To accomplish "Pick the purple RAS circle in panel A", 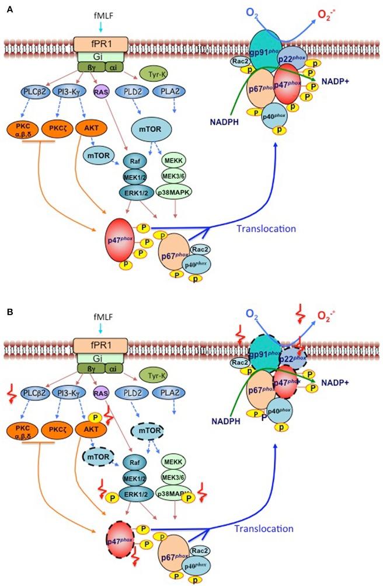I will [101, 92].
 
